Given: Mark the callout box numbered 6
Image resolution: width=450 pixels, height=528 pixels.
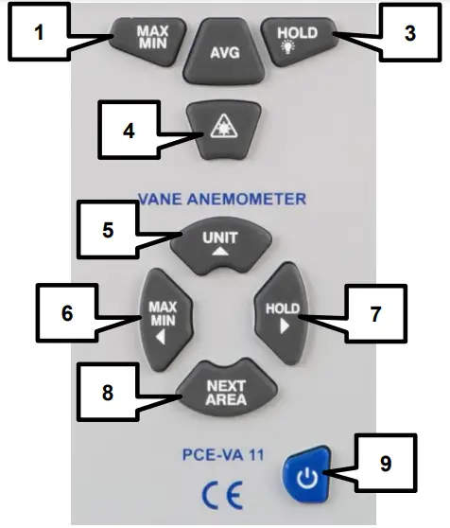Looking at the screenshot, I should point(65,312).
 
